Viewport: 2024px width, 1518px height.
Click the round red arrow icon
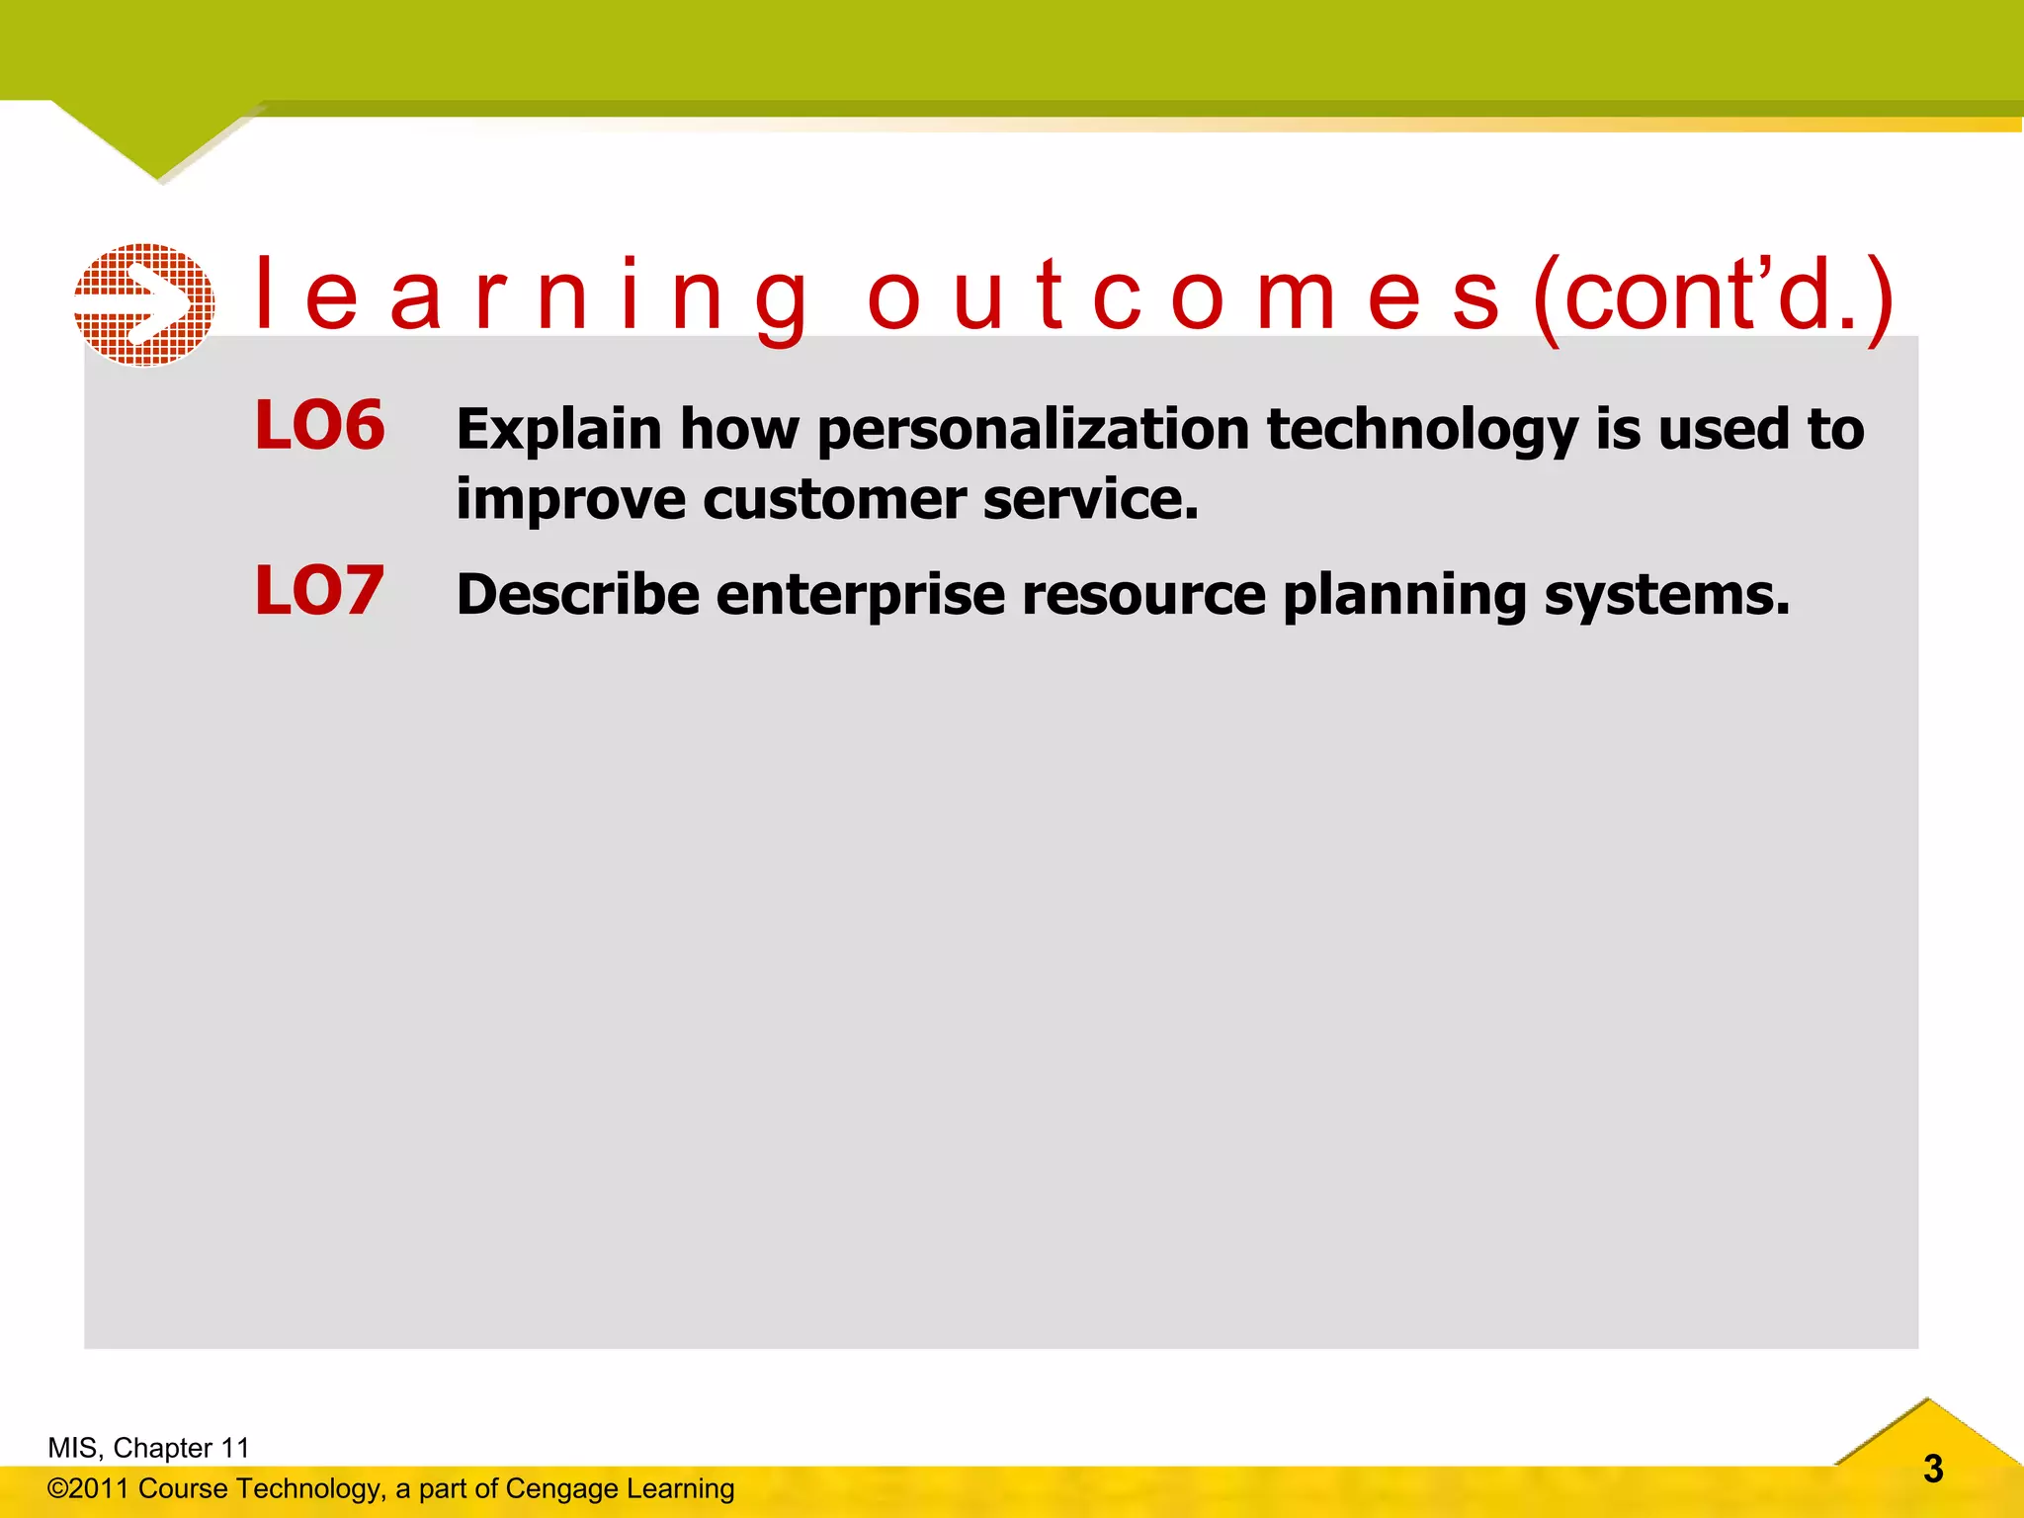[x=144, y=305]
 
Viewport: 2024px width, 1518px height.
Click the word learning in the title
[x=532, y=297]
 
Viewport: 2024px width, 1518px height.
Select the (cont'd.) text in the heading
[x=1713, y=297]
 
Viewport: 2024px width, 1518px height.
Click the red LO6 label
[x=319, y=426]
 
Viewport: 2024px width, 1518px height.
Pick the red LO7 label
[x=319, y=591]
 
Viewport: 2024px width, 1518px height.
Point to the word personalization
[x=1034, y=431]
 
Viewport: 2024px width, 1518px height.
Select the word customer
[x=834, y=499]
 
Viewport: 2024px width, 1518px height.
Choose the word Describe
[x=578, y=595]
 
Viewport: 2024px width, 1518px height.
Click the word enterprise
[x=861, y=595]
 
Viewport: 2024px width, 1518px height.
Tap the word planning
[x=1404, y=595]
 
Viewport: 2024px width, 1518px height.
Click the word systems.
[x=1667, y=595]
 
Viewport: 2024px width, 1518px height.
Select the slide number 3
[x=1933, y=1470]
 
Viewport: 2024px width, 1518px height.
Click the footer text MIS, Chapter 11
[x=148, y=1448]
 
